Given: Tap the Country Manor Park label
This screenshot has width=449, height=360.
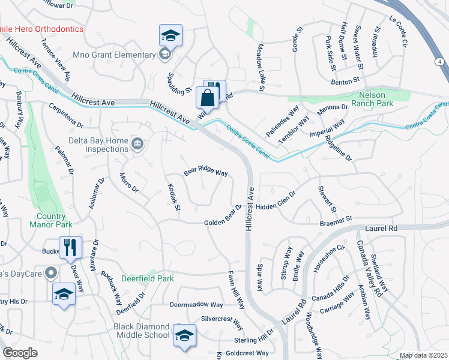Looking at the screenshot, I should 50,220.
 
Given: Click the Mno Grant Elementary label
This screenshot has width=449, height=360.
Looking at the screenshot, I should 114,55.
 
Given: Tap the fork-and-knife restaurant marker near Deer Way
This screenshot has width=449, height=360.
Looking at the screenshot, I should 71,247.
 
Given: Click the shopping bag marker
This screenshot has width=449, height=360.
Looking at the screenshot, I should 207,97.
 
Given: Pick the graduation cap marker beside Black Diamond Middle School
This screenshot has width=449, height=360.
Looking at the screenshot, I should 185,335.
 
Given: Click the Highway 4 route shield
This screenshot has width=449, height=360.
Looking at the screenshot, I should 440,62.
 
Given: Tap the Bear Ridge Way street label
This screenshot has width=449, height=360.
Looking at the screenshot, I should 206,172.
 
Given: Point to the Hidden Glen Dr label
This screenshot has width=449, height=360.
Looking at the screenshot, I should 276,201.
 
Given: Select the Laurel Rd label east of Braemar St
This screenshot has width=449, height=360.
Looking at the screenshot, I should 381,229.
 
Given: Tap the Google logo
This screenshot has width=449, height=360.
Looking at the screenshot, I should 20,352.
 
